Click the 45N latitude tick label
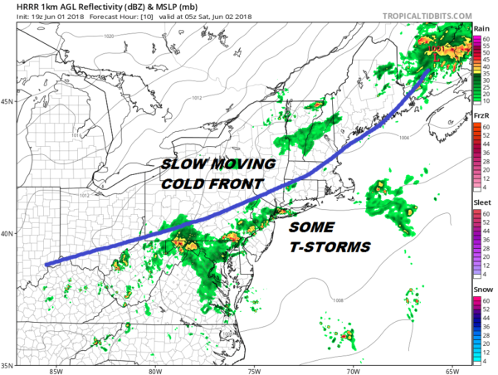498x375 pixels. (7, 102)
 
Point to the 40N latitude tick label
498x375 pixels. (7, 233)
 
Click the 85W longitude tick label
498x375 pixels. (56, 370)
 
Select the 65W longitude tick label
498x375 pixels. (452, 370)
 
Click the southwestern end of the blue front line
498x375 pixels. (46, 265)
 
